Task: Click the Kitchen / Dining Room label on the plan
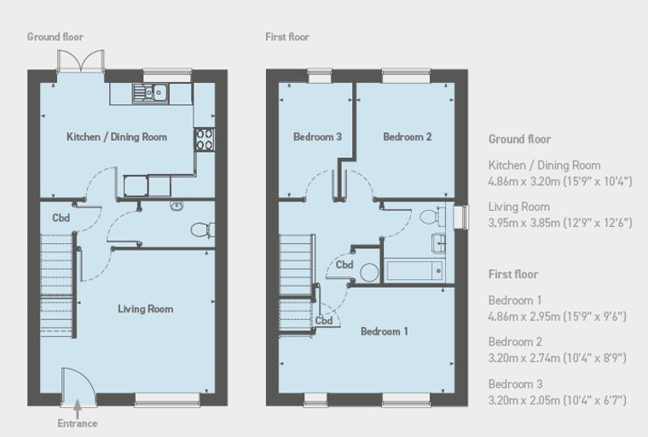(x=117, y=137)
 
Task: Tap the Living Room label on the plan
(x=146, y=309)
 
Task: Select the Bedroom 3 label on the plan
(x=317, y=137)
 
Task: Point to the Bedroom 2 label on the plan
(x=408, y=137)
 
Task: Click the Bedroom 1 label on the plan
(x=385, y=331)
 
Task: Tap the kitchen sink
(x=150, y=93)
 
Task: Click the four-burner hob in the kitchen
(x=205, y=139)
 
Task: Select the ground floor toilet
(x=203, y=230)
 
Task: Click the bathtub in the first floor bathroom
(x=414, y=271)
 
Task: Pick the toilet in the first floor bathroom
(x=432, y=216)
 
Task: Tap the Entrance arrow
(x=78, y=410)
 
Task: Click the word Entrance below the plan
(x=78, y=423)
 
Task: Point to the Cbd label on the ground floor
(x=61, y=218)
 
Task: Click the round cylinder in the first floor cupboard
(x=369, y=273)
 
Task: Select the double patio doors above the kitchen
(x=81, y=61)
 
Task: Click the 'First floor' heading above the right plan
(x=287, y=37)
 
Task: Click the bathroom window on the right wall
(x=461, y=218)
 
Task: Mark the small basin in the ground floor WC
(x=176, y=205)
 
